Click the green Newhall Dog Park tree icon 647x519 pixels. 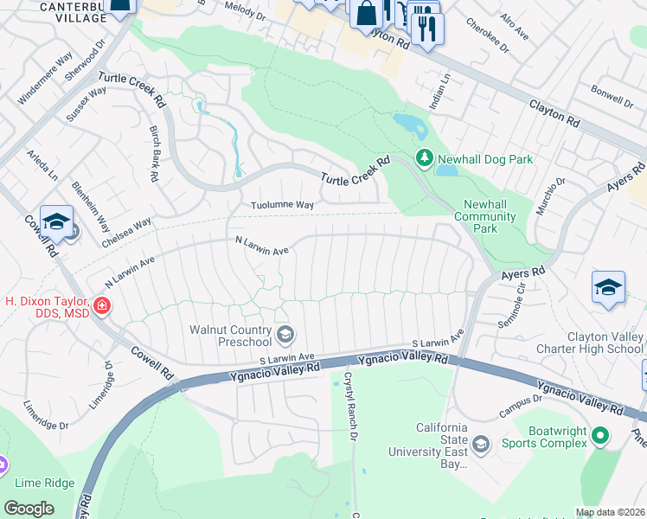(x=425, y=159)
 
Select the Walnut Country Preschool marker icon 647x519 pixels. (x=285, y=334)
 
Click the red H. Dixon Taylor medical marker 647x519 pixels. (x=101, y=305)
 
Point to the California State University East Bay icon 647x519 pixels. (x=481, y=444)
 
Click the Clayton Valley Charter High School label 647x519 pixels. (x=605, y=343)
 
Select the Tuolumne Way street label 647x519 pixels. (x=282, y=205)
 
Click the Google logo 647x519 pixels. (x=29, y=509)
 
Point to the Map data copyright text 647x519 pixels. (x=611, y=512)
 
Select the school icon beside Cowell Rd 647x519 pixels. (x=57, y=221)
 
